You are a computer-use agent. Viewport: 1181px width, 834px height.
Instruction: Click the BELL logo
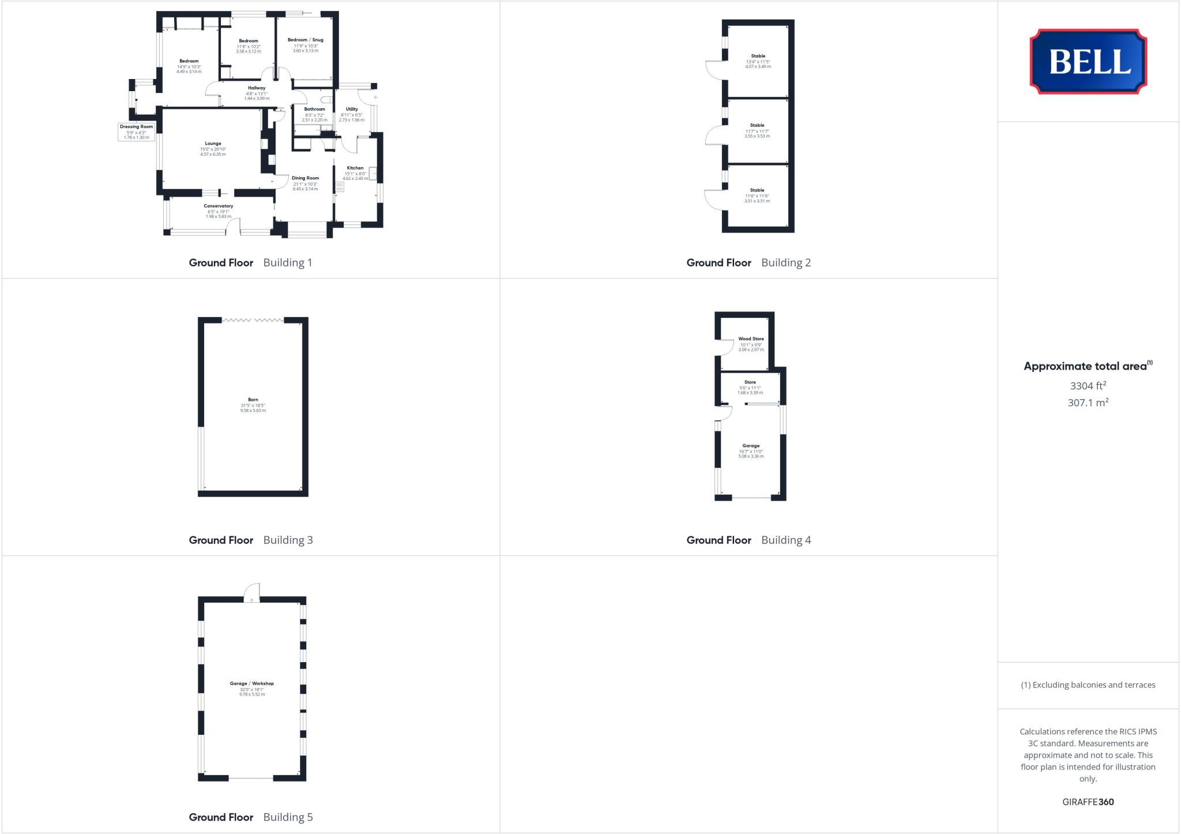(x=1088, y=61)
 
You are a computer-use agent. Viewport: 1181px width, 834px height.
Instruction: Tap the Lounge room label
(x=213, y=144)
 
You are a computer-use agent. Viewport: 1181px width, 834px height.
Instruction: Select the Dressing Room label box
(x=137, y=132)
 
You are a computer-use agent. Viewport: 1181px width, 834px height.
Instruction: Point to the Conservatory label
(x=218, y=206)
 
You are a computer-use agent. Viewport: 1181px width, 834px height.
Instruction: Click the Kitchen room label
(x=355, y=168)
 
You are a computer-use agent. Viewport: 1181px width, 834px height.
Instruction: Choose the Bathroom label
(x=314, y=109)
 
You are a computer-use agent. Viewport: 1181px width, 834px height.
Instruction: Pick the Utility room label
(x=352, y=109)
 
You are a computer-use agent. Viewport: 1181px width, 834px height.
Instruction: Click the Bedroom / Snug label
(x=305, y=40)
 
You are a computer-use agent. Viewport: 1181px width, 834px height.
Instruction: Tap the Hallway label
(x=257, y=88)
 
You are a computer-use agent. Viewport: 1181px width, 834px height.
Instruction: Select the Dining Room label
(x=305, y=178)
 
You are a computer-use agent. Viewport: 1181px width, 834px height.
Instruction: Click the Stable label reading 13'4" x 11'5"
(x=758, y=61)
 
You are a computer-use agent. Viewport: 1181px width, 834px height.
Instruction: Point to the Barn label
(x=253, y=400)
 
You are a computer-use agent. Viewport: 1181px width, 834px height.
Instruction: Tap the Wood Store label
(x=751, y=339)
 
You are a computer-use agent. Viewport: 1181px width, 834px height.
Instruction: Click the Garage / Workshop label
(x=252, y=684)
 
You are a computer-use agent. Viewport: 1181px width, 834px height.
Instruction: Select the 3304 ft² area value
(x=1088, y=386)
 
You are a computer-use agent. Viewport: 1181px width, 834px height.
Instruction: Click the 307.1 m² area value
(x=1088, y=403)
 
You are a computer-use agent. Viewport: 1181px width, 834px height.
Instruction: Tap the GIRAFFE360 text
(x=1088, y=802)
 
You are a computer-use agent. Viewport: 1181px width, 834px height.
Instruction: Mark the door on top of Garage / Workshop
(x=252, y=593)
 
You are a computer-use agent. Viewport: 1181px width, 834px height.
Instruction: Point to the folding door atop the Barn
(x=253, y=320)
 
